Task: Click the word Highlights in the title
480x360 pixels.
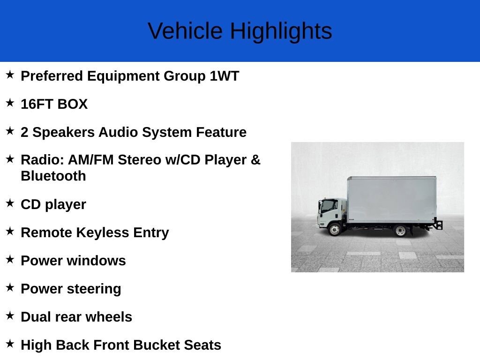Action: (281, 31)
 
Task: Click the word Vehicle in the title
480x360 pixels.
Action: (185, 31)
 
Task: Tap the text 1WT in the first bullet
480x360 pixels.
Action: (225, 76)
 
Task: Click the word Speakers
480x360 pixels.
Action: (64, 133)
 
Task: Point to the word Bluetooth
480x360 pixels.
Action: (53, 176)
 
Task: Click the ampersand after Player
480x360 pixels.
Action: (255, 160)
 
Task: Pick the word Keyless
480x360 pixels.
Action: (103, 232)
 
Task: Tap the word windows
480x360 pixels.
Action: (97, 261)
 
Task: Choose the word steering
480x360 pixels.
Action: (94, 289)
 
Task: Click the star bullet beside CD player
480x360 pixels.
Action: (10, 203)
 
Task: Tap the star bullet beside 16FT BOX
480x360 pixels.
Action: (10, 103)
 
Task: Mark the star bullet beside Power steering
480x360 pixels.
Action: (10, 287)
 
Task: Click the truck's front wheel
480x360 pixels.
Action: (335, 229)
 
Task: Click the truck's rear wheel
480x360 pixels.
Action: (400, 231)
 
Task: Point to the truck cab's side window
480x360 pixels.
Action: (330, 206)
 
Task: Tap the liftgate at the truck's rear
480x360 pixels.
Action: (438, 224)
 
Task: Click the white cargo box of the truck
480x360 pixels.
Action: (392, 200)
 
